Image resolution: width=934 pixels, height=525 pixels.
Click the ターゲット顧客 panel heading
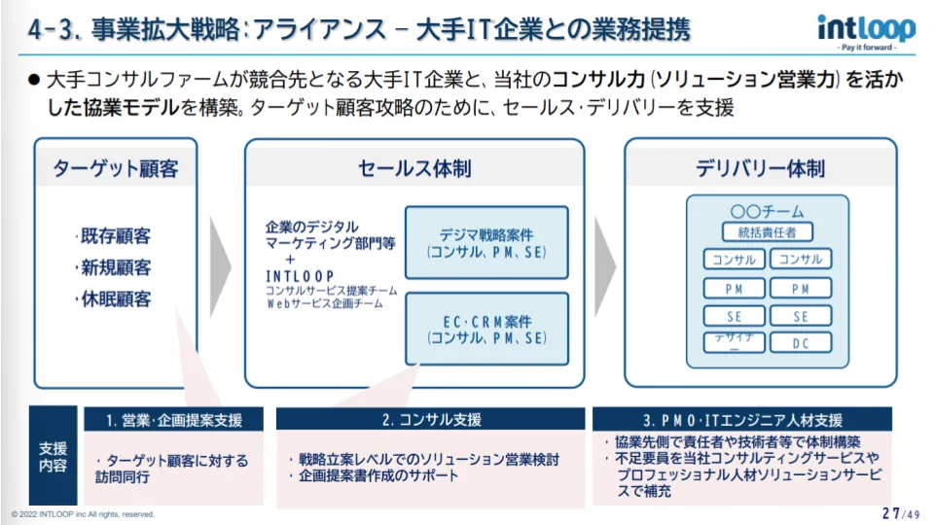click(116, 168)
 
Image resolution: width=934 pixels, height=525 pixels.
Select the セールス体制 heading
click(414, 168)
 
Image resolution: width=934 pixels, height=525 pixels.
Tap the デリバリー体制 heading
click(761, 168)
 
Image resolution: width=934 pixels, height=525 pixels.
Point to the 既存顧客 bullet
click(115, 236)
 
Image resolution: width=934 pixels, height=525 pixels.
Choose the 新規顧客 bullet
click(115, 267)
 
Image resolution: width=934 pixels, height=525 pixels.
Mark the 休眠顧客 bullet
click(115, 299)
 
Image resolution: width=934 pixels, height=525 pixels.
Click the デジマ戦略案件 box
click(486, 243)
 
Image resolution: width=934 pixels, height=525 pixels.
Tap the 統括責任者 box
click(768, 232)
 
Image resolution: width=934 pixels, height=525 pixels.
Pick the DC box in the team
click(801, 343)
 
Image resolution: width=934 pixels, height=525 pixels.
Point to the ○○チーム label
click(767, 211)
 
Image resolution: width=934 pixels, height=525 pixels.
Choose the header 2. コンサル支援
click(431, 420)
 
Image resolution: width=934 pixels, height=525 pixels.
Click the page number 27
click(889, 512)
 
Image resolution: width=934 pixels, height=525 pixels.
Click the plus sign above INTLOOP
click(290, 260)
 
